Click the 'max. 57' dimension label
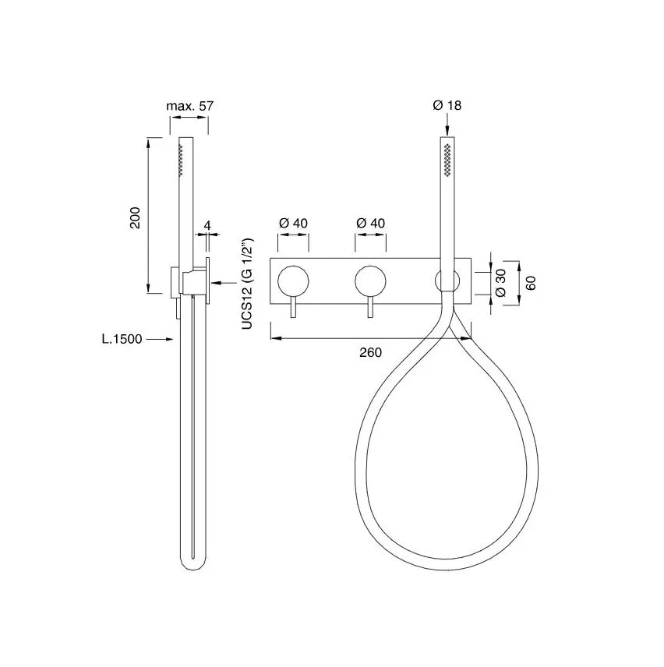189,106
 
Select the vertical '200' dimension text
135,218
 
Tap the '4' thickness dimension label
207,225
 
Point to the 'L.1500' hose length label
122,339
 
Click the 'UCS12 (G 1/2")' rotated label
247,284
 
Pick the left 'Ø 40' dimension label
293,223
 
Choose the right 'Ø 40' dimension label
370,223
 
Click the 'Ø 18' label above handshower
447,105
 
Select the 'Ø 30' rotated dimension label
500,282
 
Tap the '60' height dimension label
531,283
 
